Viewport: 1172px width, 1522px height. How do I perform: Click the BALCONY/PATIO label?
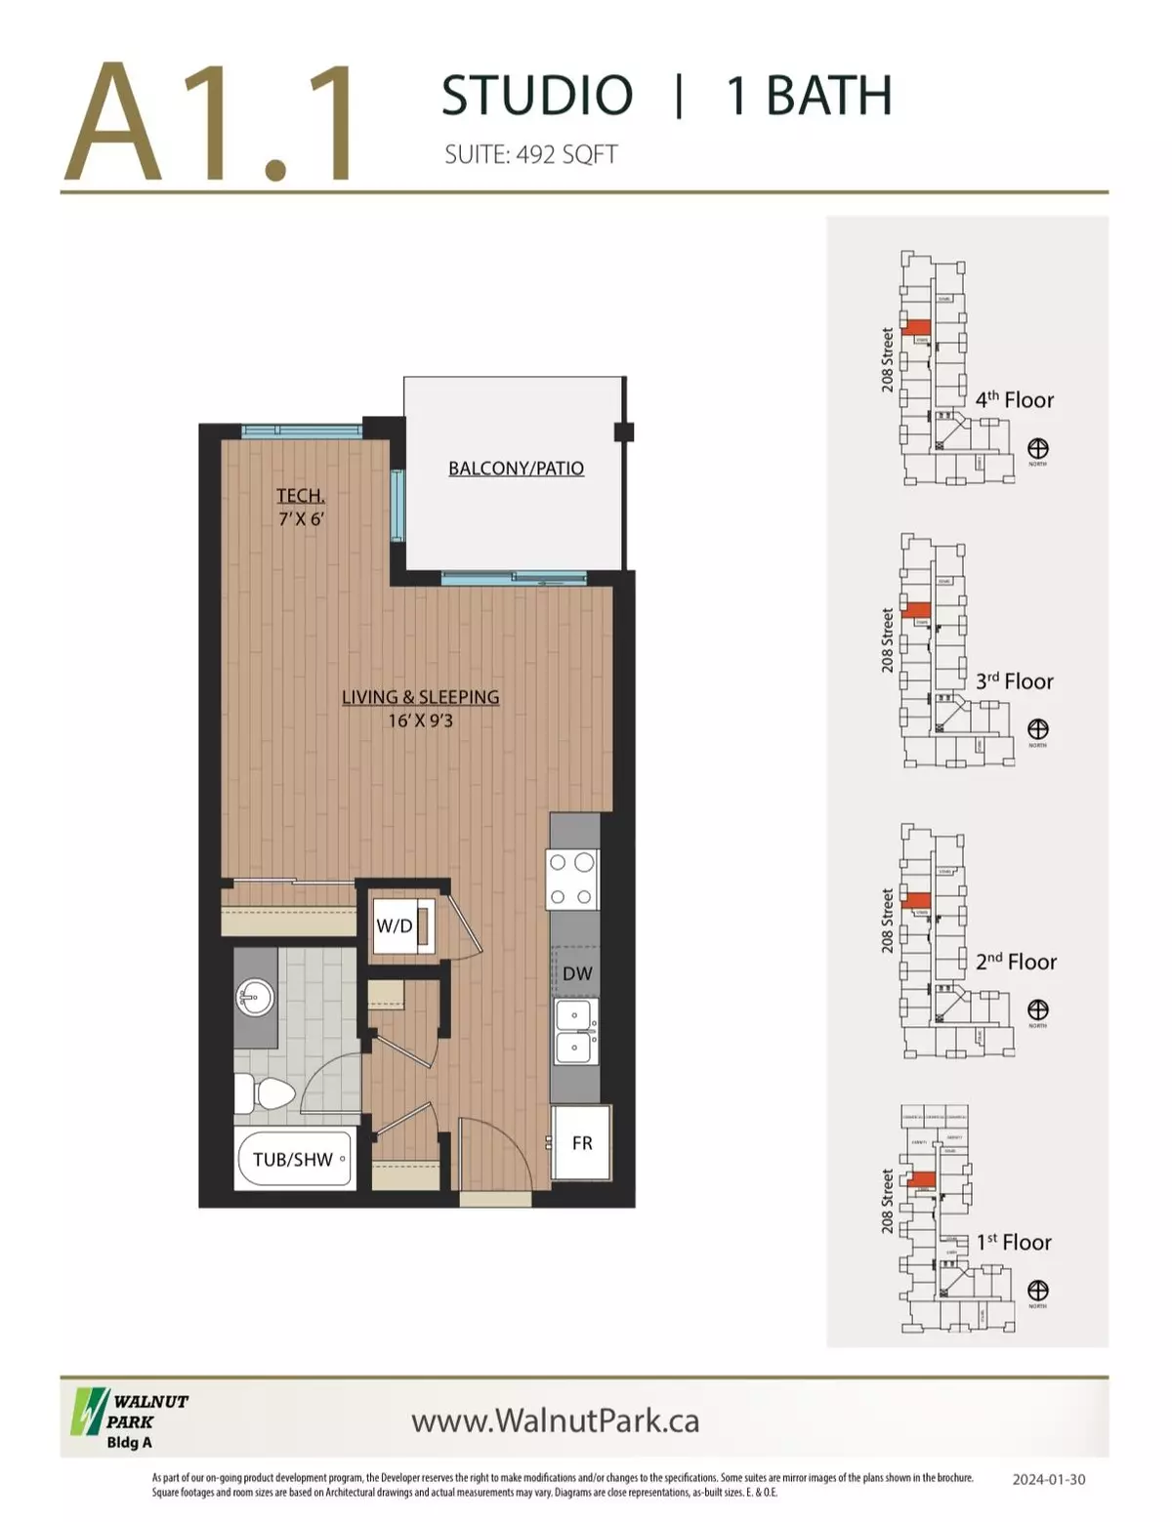coord(516,469)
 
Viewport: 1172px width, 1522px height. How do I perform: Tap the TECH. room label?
coord(300,496)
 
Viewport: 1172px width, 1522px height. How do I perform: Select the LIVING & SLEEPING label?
coord(420,697)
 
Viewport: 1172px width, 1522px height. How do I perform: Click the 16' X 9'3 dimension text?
coord(420,721)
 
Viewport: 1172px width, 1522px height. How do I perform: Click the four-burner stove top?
coord(572,879)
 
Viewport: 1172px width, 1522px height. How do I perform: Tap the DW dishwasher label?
coord(577,973)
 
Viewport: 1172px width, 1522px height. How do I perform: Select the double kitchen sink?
coord(574,1031)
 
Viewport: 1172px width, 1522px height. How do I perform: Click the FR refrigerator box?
coord(581,1142)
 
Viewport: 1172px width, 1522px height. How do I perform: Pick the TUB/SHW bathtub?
coord(294,1160)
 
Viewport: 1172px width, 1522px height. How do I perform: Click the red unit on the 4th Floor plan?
coord(916,329)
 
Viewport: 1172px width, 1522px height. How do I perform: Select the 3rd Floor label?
coord(1015,681)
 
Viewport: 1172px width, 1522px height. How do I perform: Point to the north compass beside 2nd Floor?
coord(1037,1009)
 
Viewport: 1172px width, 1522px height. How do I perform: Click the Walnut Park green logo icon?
coord(88,1412)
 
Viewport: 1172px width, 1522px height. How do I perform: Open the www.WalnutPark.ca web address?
coord(555,1420)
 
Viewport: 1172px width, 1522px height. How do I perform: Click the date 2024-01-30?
coord(1048,1479)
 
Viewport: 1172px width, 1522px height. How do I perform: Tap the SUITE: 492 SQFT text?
coord(530,154)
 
